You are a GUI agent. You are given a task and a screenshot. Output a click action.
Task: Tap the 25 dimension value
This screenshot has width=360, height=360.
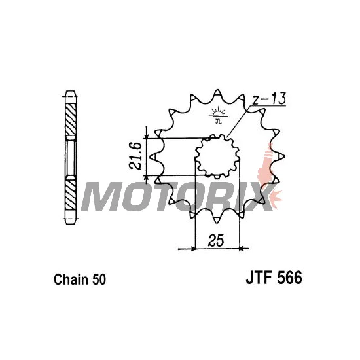point(216,241)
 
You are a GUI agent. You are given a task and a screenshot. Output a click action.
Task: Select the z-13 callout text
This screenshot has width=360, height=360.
point(269,98)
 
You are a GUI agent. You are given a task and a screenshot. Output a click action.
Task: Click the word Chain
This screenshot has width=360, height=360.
point(71,279)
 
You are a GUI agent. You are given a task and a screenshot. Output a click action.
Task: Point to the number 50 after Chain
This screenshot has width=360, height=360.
point(99,279)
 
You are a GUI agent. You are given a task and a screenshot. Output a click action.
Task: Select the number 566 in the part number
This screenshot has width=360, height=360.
point(290,278)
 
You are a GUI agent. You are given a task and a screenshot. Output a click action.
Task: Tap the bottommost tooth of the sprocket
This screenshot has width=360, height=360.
point(216,220)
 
